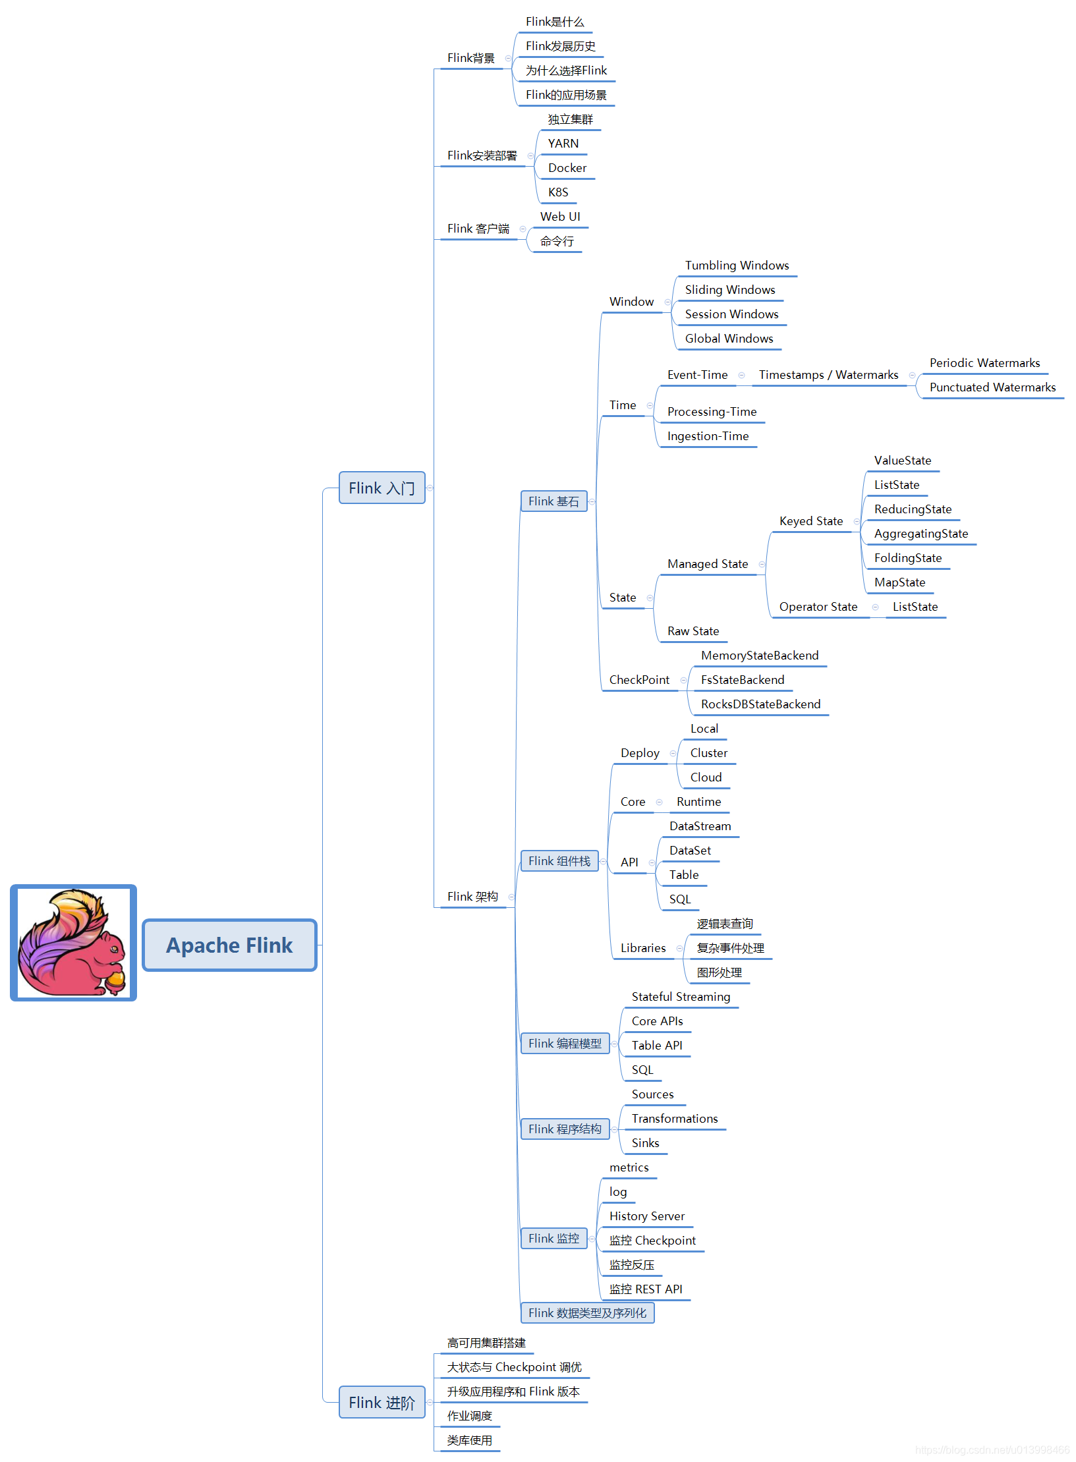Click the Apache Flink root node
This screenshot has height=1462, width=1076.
229,945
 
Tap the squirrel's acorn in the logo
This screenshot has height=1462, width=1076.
115,980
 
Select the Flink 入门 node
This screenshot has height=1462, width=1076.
382,488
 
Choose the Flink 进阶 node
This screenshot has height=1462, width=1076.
382,1402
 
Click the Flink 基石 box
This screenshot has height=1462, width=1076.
553,501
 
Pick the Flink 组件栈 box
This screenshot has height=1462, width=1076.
559,861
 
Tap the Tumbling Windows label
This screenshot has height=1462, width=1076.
737,265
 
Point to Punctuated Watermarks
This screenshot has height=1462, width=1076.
992,387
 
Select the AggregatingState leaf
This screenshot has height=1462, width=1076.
921,534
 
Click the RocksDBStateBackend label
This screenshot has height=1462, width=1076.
760,704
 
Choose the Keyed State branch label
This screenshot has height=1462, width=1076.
811,521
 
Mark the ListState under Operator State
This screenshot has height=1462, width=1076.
915,607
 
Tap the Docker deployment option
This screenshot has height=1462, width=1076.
567,168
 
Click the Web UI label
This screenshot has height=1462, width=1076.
560,217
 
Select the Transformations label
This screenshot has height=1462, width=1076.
675,1119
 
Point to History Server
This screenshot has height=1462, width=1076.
646,1216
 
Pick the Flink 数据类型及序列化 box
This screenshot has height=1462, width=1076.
587,1313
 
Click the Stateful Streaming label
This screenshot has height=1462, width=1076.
681,997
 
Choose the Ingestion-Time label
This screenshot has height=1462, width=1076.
708,436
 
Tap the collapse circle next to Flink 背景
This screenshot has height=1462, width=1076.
508,59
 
